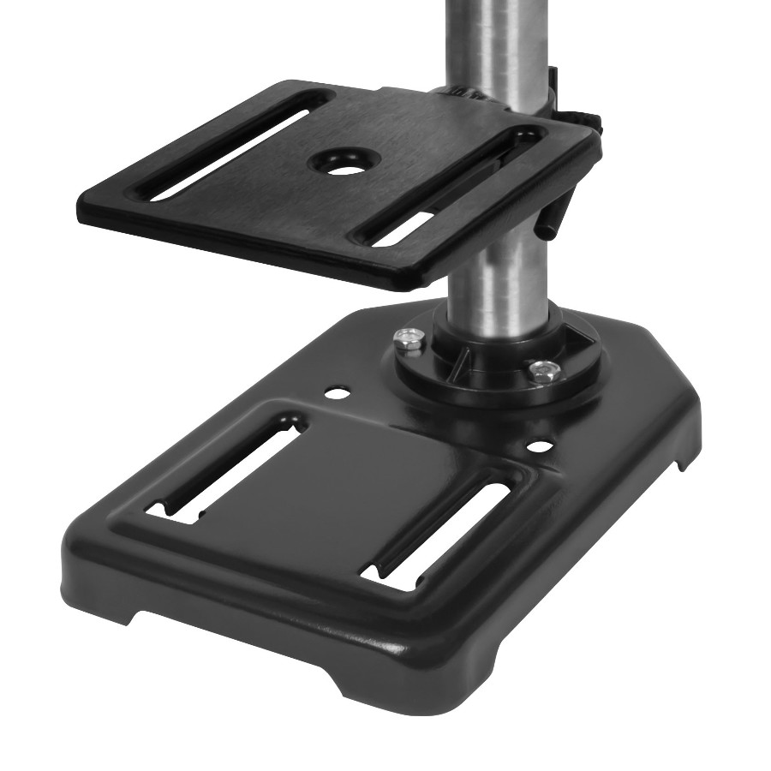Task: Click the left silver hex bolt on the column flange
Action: coord(408,340)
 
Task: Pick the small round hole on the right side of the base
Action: coord(538,446)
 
